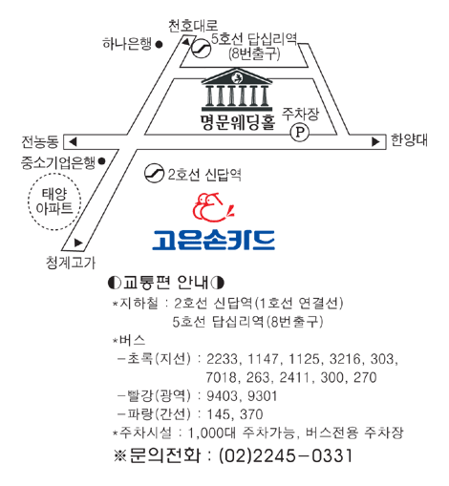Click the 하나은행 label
(127, 44)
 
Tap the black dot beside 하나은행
(159, 45)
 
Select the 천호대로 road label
(193, 26)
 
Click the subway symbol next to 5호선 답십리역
(201, 49)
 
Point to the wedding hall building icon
(237, 88)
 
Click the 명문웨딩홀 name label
(238, 122)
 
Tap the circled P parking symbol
(300, 132)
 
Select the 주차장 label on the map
(300, 114)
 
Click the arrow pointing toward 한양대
(375, 141)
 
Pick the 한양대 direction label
(409, 140)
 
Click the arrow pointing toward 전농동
(73, 141)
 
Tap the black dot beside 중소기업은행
(101, 161)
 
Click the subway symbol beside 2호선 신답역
(154, 173)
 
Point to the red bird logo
(213, 207)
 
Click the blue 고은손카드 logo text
(213, 240)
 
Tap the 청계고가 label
(71, 263)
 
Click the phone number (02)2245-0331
(286, 455)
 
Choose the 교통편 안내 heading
(165, 282)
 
